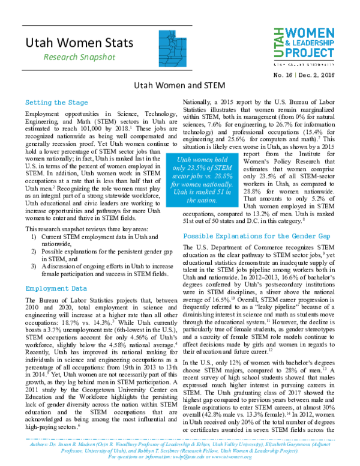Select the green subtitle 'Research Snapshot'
[74, 57]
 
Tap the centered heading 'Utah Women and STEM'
[179, 86]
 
